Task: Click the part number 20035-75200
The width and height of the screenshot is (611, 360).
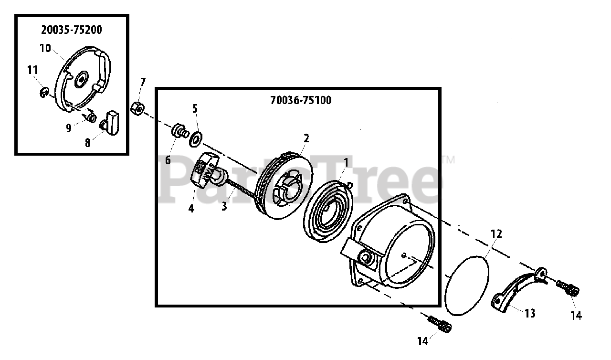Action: (x=72, y=30)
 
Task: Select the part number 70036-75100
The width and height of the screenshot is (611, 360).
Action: (x=301, y=100)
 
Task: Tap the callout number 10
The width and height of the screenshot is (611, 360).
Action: (x=45, y=48)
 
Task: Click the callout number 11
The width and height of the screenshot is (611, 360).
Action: (x=32, y=70)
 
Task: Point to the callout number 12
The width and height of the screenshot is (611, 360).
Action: (x=496, y=234)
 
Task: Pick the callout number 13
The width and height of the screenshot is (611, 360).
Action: (x=530, y=313)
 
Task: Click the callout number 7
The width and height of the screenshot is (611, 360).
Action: (x=143, y=82)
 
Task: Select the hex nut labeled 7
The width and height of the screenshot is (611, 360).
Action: (x=137, y=107)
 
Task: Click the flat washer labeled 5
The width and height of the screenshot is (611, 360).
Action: (x=195, y=140)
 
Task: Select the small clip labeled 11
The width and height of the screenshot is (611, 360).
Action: (x=43, y=92)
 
